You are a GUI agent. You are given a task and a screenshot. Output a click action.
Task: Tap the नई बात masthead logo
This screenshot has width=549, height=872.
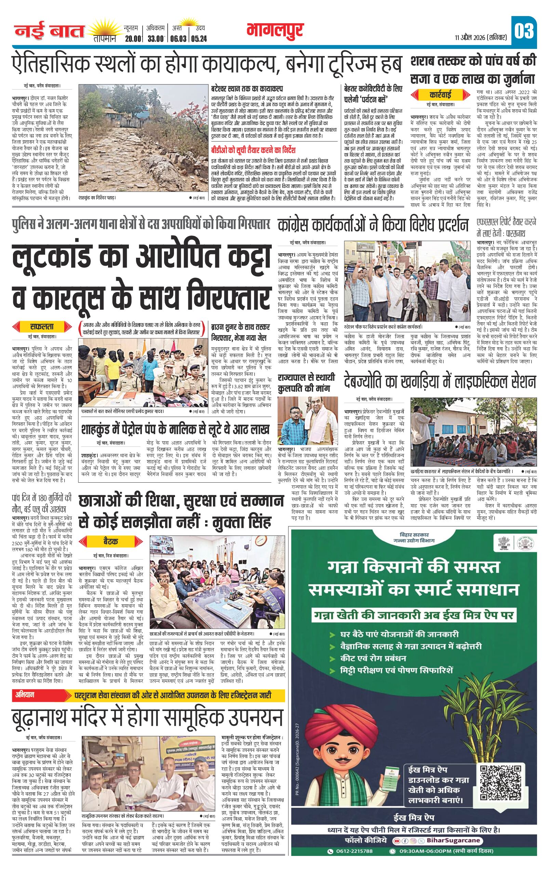[x=49, y=32]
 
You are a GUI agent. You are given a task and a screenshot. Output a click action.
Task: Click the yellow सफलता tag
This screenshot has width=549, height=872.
[x=42, y=326]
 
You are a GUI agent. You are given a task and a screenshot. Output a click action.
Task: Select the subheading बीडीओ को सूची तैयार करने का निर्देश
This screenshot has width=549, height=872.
[x=254, y=150]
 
